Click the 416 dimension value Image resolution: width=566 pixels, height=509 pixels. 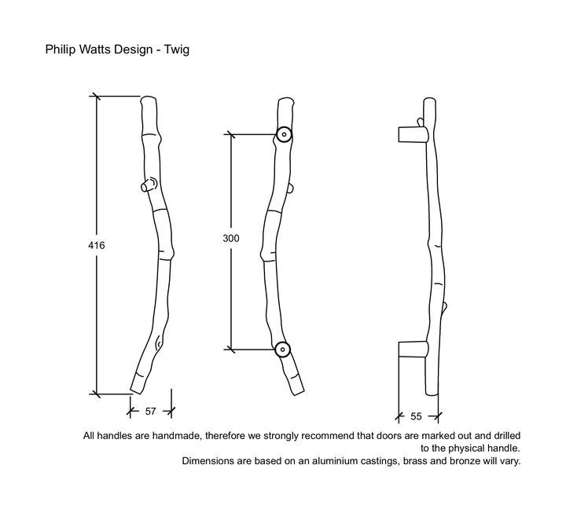click(97, 245)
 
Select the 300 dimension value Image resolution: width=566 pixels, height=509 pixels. click(231, 238)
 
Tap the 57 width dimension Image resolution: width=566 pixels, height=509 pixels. click(150, 412)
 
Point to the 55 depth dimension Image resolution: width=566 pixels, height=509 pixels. click(416, 416)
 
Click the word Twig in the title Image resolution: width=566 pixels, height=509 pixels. click(177, 49)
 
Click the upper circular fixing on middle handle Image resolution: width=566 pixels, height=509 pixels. click(284, 134)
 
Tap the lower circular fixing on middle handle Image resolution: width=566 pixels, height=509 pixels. click(282, 350)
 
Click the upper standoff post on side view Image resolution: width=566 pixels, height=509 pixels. click(413, 134)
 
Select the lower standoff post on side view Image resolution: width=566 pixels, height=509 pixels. click(413, 349)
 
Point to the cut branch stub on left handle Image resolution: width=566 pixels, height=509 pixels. click(148, 185)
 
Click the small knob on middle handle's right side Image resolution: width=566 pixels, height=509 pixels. click(292, 189)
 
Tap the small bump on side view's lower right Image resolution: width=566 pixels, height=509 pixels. click(444, 306)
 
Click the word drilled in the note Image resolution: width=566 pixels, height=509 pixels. click(507, 436)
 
